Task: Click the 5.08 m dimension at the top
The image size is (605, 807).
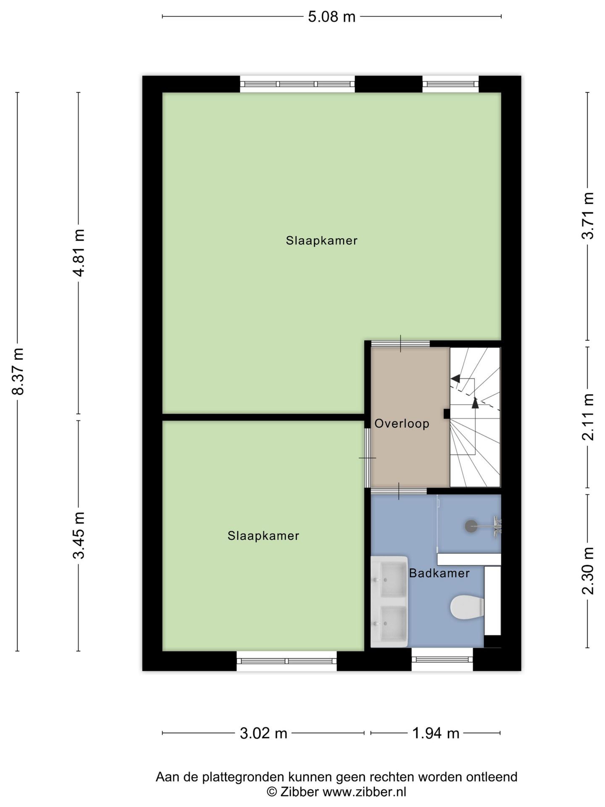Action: pos(331,17)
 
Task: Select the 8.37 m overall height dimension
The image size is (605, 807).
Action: pos(18,371)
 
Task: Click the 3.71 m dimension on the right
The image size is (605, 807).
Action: pos(588,216)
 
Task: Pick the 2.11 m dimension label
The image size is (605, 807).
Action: pos(588,417)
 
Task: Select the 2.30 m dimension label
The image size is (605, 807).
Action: pos(588,571)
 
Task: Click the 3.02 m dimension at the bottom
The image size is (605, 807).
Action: pos(263,733)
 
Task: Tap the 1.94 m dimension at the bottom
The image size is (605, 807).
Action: pos(436,733)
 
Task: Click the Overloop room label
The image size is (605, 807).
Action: pos(402,423)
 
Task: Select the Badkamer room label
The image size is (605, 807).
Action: pos(439,573)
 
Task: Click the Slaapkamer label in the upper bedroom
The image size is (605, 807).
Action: pos(321,240)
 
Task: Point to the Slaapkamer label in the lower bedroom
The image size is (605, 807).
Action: pos(263,535)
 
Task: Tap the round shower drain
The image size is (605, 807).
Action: pos(471,525)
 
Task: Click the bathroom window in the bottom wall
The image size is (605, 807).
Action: pos(442,660)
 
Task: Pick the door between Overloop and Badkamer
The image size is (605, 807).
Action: pos(398,491)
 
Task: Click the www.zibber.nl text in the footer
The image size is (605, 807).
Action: pos(364,792)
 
